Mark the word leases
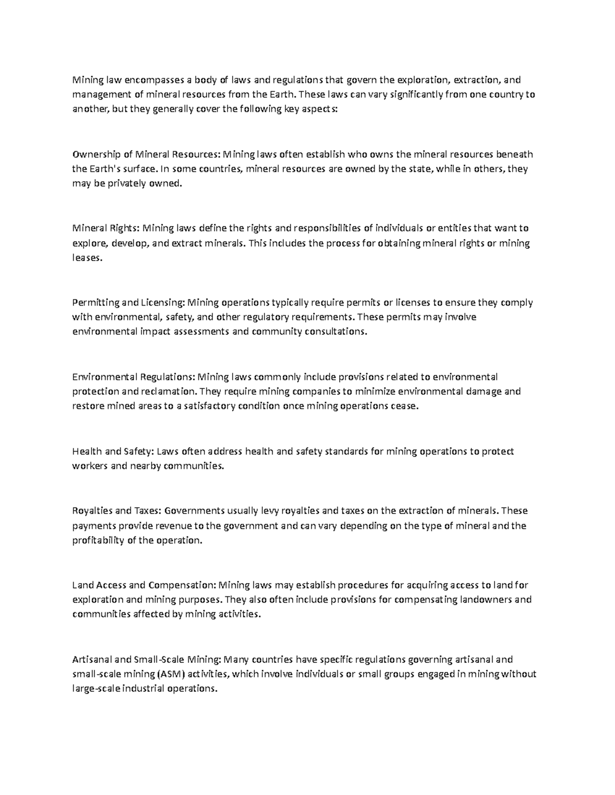[87, 258]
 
